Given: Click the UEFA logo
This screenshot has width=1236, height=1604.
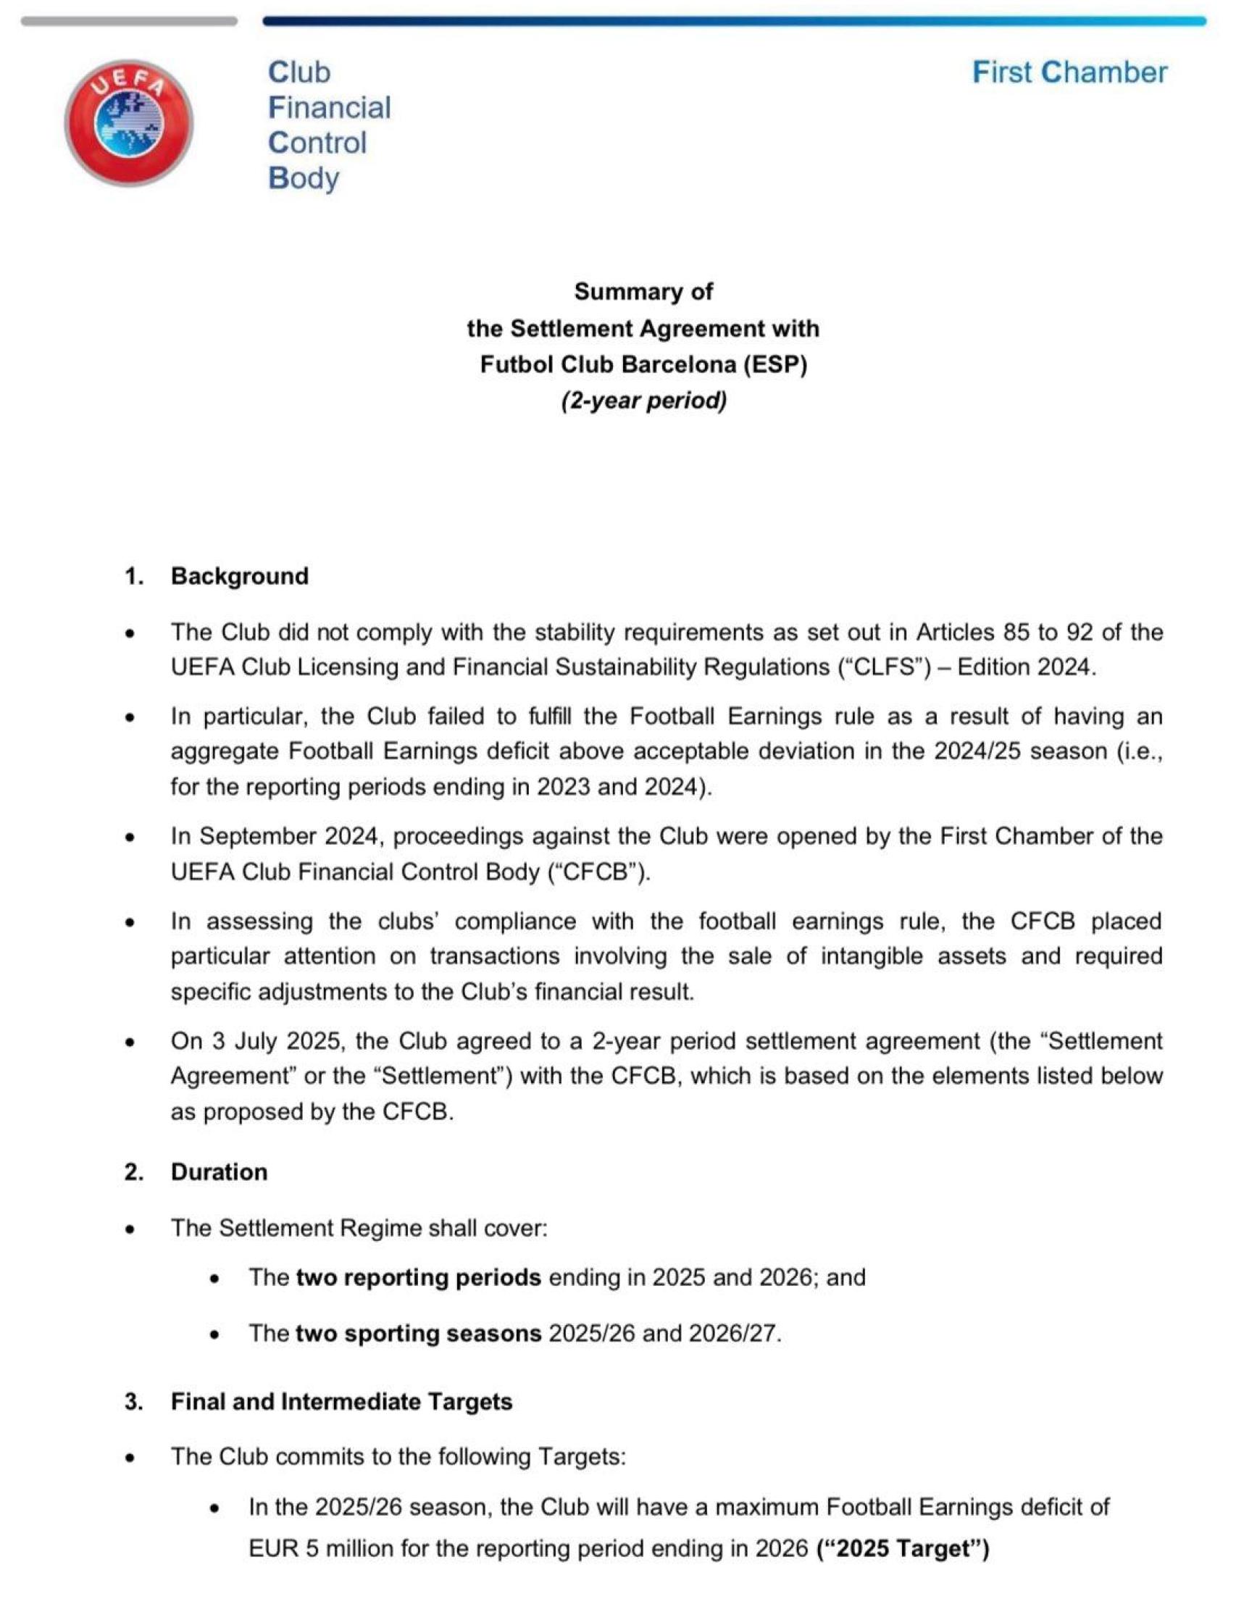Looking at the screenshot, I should (x=129, y=122).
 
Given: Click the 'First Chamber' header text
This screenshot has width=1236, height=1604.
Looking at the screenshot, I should (x=1069, y=72).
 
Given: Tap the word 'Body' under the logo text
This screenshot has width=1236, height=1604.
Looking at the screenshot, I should (x=304, y=178).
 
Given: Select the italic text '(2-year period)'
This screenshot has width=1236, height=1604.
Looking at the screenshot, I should (x=643, y=401).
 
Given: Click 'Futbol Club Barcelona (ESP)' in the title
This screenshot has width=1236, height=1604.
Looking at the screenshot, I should (x=643, y=364).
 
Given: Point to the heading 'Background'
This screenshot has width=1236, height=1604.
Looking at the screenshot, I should (x=239, y=576).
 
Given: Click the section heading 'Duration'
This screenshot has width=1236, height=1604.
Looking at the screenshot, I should (x=219, y=1171).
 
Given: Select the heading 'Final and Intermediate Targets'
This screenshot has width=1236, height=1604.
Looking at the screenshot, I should (x=341, y=1401).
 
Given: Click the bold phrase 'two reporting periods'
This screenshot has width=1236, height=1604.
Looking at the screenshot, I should (x=419, y=1278).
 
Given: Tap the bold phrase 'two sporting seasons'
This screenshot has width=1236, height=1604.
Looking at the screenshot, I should (x=419, y=1333).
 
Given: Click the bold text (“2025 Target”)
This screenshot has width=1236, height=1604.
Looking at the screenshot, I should (x=903, y=1548).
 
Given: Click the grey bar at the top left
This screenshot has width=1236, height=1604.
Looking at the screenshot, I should (x=129, y=21).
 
